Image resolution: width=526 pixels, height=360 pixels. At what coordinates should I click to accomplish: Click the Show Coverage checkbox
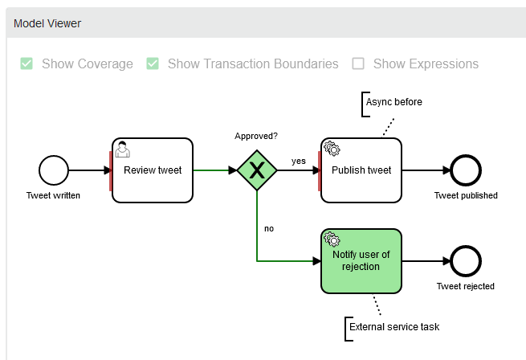27,63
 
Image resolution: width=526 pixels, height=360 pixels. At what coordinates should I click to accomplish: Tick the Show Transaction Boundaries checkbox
153,63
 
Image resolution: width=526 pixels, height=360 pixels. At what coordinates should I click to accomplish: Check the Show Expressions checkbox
358,63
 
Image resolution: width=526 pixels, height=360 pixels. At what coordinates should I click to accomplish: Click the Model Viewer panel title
47,23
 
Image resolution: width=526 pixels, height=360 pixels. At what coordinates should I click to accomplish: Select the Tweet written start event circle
54,170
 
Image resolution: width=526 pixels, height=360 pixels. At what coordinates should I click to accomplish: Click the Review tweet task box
153,170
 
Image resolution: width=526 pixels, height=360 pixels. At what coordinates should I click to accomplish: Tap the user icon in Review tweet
123,149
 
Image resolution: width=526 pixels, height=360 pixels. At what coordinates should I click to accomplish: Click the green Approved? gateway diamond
257,170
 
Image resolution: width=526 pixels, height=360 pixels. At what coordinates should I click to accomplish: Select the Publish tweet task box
361,170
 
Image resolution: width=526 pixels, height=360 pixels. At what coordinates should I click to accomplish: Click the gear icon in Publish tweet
332,149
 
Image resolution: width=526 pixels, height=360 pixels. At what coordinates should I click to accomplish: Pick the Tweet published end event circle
466,170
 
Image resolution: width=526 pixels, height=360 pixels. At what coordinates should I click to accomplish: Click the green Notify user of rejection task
361,260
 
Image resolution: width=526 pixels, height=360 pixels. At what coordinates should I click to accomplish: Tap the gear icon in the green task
332,239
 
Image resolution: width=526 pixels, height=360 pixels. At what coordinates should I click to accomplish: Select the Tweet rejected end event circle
466,261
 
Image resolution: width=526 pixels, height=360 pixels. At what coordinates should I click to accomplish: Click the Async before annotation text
393,102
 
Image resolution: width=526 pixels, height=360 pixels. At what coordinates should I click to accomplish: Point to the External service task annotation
394,327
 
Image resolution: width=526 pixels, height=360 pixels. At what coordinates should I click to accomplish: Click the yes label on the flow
298,161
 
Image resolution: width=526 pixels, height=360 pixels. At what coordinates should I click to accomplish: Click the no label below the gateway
269,228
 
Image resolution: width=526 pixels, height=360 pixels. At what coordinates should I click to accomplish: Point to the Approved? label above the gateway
256,137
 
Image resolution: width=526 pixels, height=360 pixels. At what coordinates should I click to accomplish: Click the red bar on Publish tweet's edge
320,170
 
